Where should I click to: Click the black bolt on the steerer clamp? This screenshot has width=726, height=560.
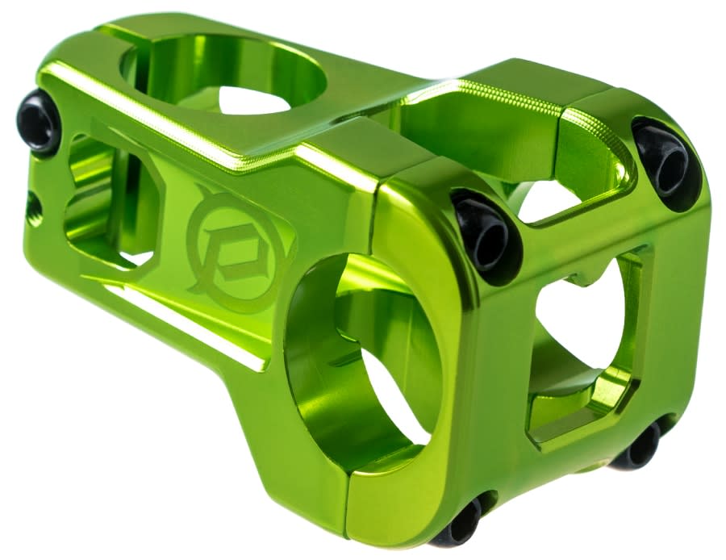(37, 121)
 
